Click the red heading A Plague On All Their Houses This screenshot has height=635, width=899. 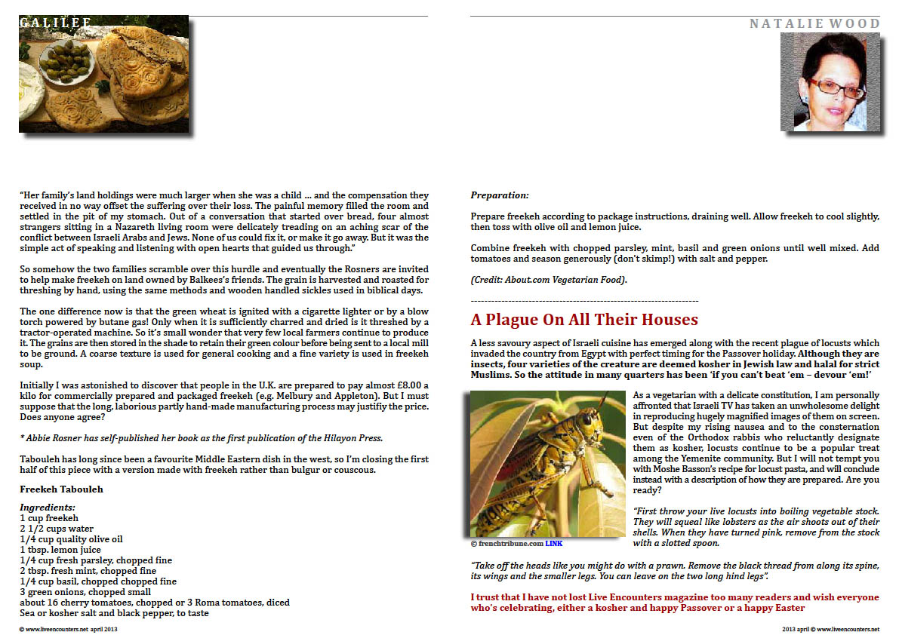(x=583, y=320)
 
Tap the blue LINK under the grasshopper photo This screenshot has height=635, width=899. (x=554, y=543)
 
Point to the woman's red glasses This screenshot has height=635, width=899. (x=827, y=84)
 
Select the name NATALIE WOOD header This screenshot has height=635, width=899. (x=814, y=24)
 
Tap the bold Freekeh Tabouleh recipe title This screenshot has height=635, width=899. (x=61, y=489)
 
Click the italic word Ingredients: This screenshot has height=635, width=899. (x=48, y=508)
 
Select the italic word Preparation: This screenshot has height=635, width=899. (x=500, y=195)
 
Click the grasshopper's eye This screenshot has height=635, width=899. (x=586, y=419)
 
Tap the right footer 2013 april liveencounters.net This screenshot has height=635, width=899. (x=830, y=628)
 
